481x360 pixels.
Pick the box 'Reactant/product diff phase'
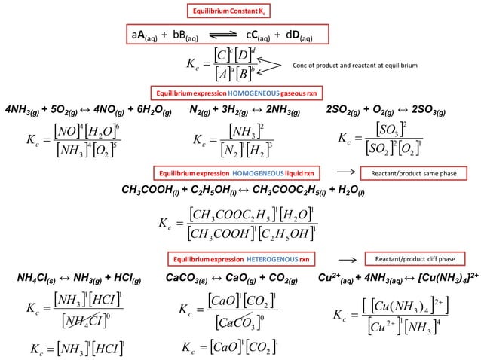pos(409,258)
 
